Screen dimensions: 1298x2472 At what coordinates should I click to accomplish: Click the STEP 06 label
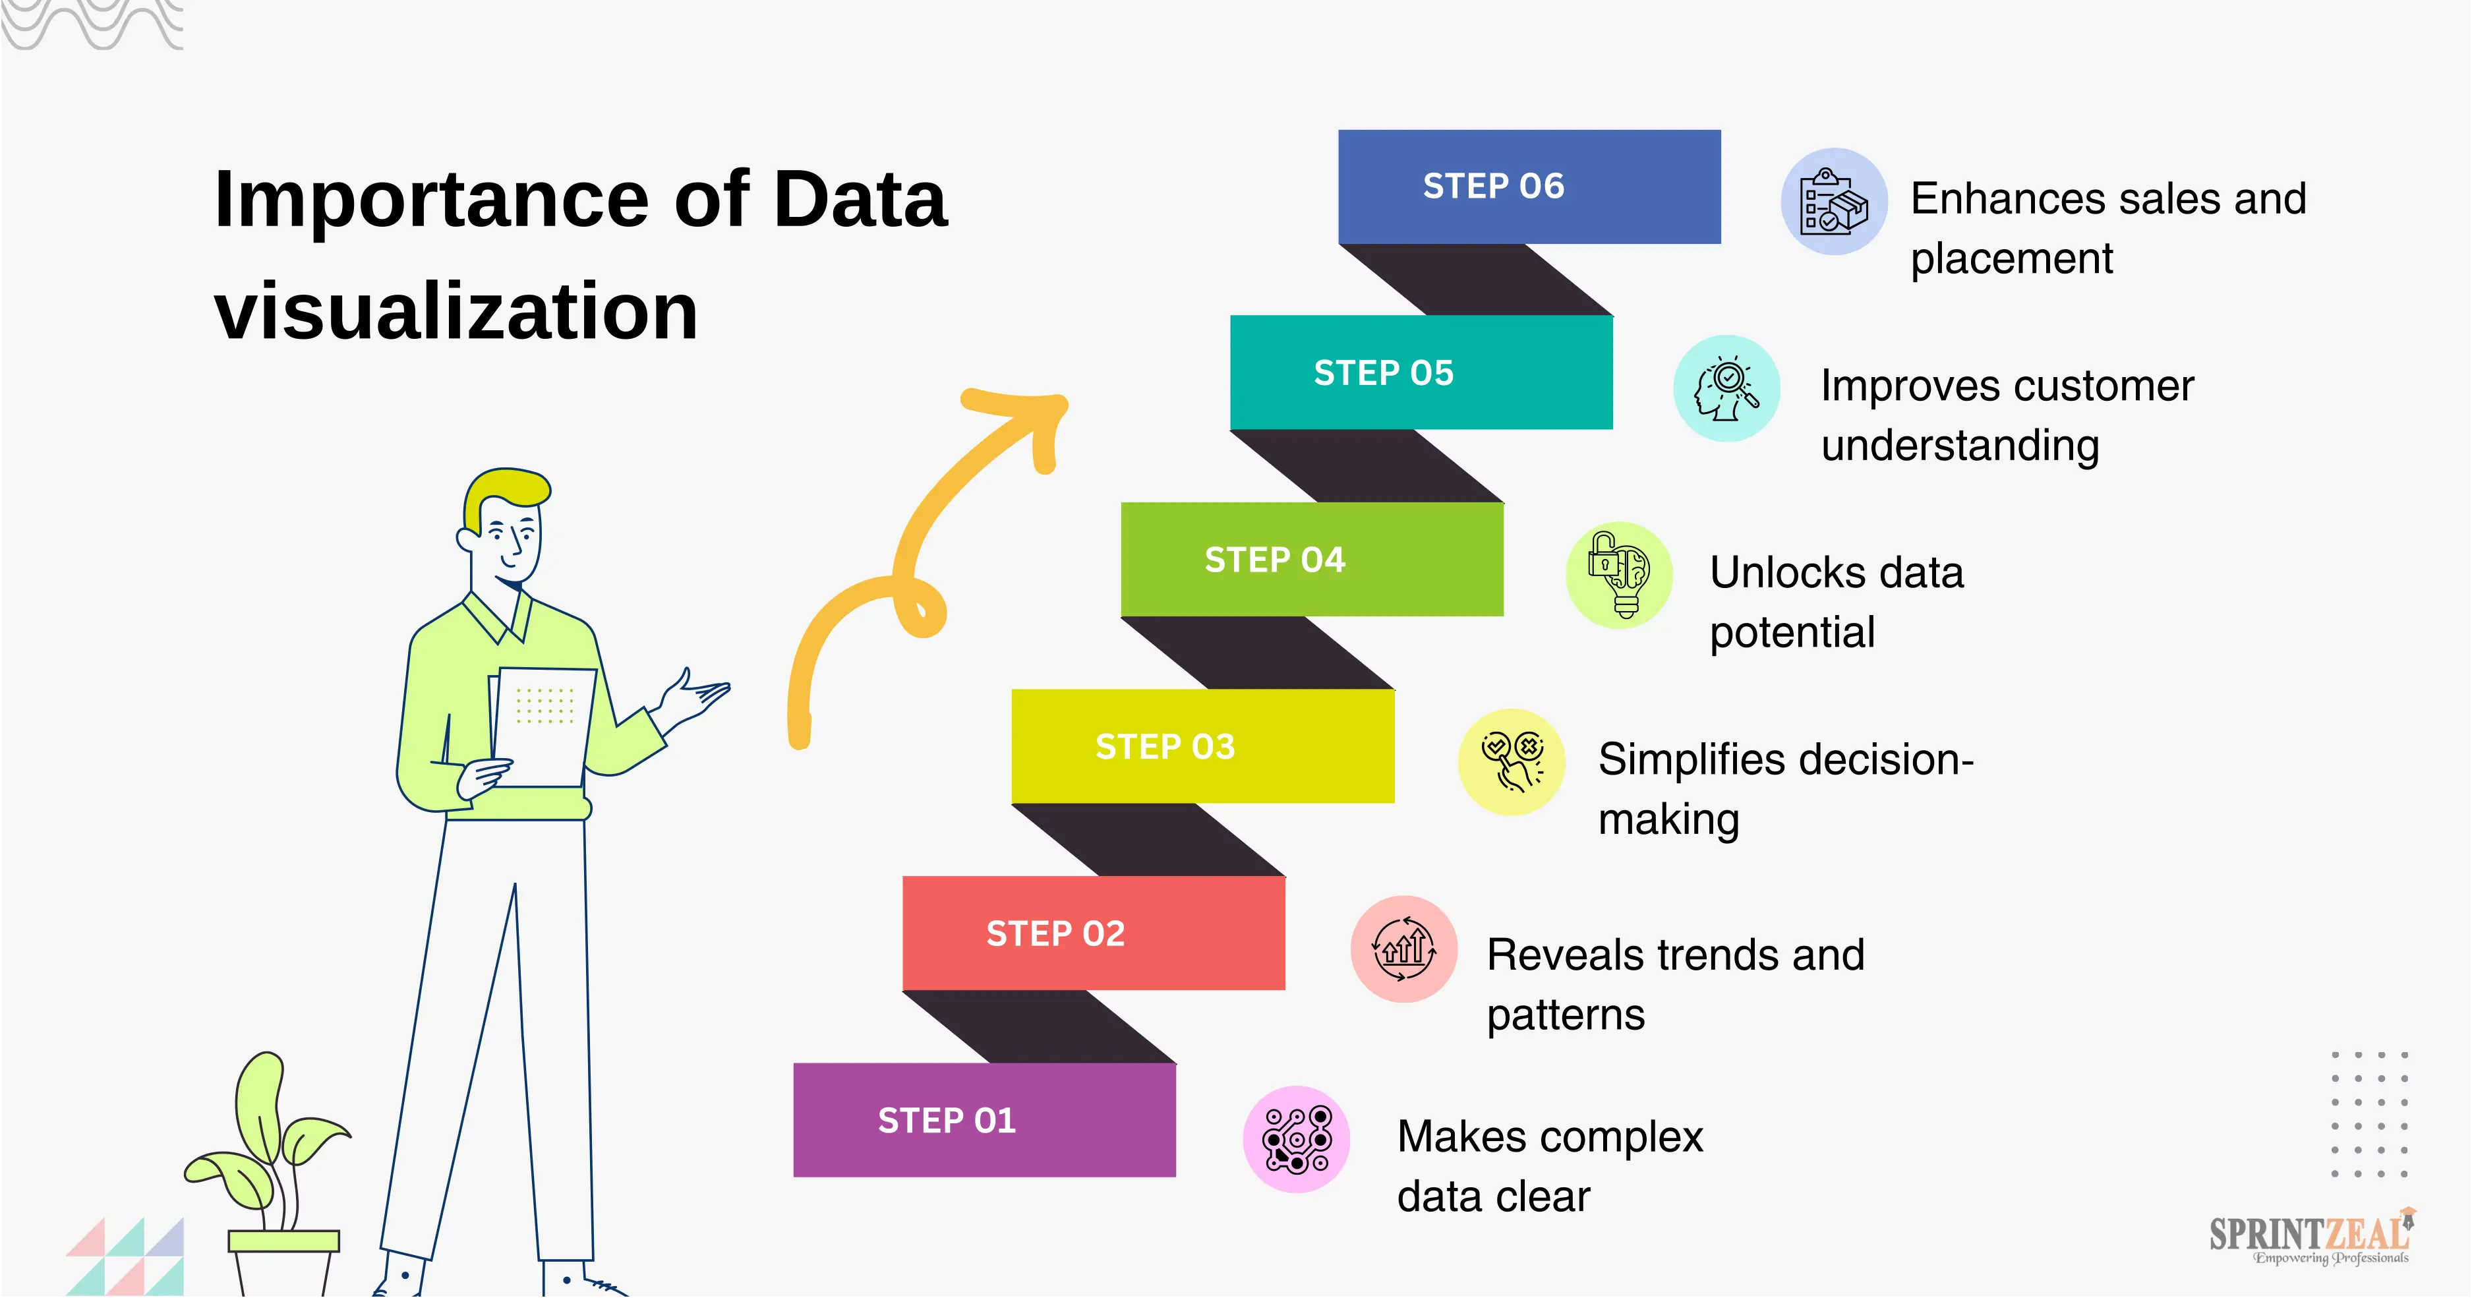pos(1493,186)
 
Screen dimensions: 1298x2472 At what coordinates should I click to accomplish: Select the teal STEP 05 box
pos(1421,372)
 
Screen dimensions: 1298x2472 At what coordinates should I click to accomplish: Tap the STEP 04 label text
pos(1274,559)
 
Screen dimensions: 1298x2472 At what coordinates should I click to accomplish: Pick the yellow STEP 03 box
pos(1202,746)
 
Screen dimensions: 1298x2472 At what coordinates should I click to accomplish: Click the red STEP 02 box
pos(1093,933)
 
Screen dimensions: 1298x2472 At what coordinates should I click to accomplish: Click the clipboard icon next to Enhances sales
pos(1834,202)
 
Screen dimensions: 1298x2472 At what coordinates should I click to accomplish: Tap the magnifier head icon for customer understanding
pos(1726,388)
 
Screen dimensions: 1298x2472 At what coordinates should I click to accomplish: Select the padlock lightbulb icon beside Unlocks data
pos(1619,575)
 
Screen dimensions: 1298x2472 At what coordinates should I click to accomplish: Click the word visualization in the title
pos(456,311)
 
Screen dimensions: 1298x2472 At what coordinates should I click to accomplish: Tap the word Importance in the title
pos(432,200)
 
